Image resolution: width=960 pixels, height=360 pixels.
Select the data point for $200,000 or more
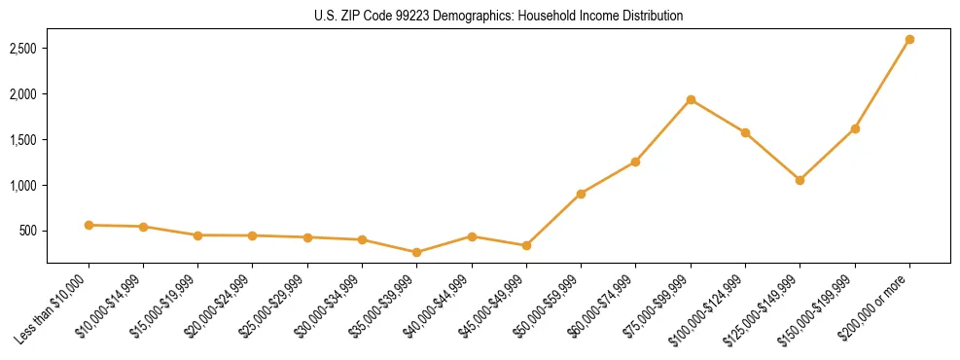[909, 40]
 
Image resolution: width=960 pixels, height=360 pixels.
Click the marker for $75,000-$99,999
[691, 99]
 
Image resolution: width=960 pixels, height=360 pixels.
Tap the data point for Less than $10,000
[89, 225]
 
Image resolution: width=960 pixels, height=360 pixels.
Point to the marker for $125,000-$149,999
[800, 180]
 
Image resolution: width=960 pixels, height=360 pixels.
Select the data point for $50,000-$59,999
[581, 194]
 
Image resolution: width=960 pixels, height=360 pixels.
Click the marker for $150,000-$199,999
[855, 128]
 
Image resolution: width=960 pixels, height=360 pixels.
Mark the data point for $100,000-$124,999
[745, 132]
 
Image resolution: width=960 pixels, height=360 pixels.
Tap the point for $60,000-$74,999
[635, 162]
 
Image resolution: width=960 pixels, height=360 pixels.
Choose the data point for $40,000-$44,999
[472, 236]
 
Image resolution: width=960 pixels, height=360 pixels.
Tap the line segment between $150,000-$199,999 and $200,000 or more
[882, 85]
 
